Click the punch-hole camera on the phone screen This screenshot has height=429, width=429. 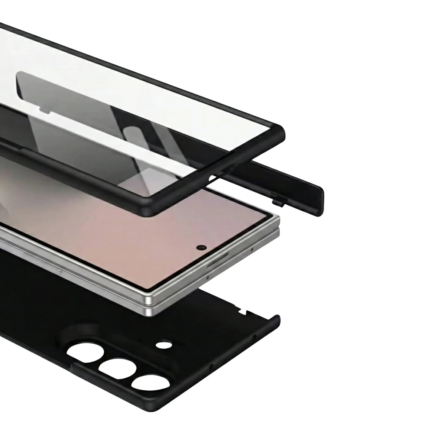click(x=202, y=247)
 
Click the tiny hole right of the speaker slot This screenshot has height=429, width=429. click(x=252, y=250)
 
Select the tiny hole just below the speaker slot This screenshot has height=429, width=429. click(x=208, y=278)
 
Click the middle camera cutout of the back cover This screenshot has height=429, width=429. click(x=118, y=370)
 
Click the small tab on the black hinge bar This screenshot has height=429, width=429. click(x=278, y=202)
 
